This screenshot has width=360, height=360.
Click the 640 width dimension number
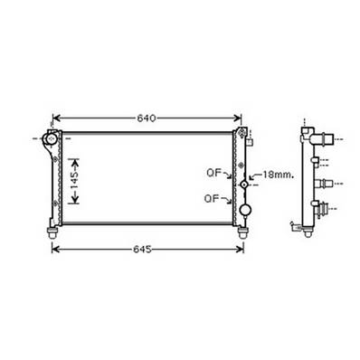tap(147, 118)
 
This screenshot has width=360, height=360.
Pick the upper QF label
tap(213, 173)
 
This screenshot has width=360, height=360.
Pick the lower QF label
tap(213, 198)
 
